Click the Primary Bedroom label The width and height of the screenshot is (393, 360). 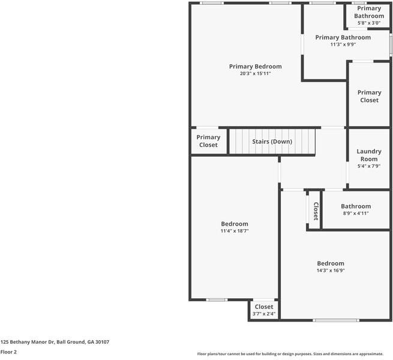[x=255, y=67]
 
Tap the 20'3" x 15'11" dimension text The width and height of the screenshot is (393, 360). [x=255, y=73]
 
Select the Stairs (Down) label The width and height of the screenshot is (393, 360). [x=272, y=142]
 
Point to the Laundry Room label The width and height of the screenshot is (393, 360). [x=369, y=155]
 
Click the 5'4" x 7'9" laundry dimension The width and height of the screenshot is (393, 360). [x=369, y=166]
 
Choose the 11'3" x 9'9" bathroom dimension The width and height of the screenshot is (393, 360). [x=343, y=44]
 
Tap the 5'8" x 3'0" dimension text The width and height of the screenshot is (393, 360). [x=369, y=23]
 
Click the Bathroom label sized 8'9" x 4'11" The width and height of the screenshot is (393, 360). [x=356, y=206]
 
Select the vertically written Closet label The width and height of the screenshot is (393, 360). [x=316, y=211]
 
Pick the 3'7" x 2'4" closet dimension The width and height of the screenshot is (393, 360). [x=264, y=314]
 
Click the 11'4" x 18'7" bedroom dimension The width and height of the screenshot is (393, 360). [x=235, y=230]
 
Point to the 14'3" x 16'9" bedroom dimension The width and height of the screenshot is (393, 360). [x=331, y=270]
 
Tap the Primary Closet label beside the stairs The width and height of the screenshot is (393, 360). [x=208, y=141]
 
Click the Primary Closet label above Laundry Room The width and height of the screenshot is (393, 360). [x=369, y=96]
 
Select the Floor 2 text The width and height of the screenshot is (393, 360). [x=8, y=352]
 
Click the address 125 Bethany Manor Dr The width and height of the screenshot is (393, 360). [x=28, y=341]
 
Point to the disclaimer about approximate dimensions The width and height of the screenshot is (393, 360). [x=290, y=354]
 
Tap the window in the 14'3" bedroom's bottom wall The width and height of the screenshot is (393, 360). [x=336, y=320]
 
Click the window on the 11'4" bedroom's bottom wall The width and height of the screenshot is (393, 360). [x=217, y=299]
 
